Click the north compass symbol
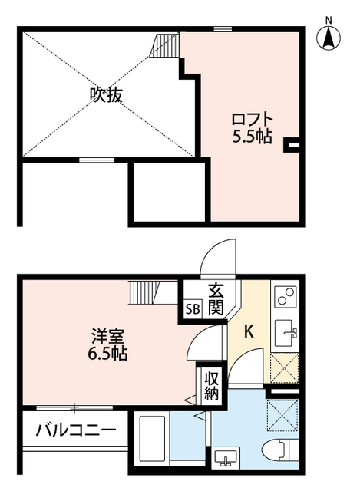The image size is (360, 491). click(329, 36)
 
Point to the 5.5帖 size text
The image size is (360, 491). click(252, 138)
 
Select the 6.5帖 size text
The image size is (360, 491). click(107, 354)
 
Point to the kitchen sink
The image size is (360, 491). click(286, 331)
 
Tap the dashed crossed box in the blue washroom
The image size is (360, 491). click(282, 419)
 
